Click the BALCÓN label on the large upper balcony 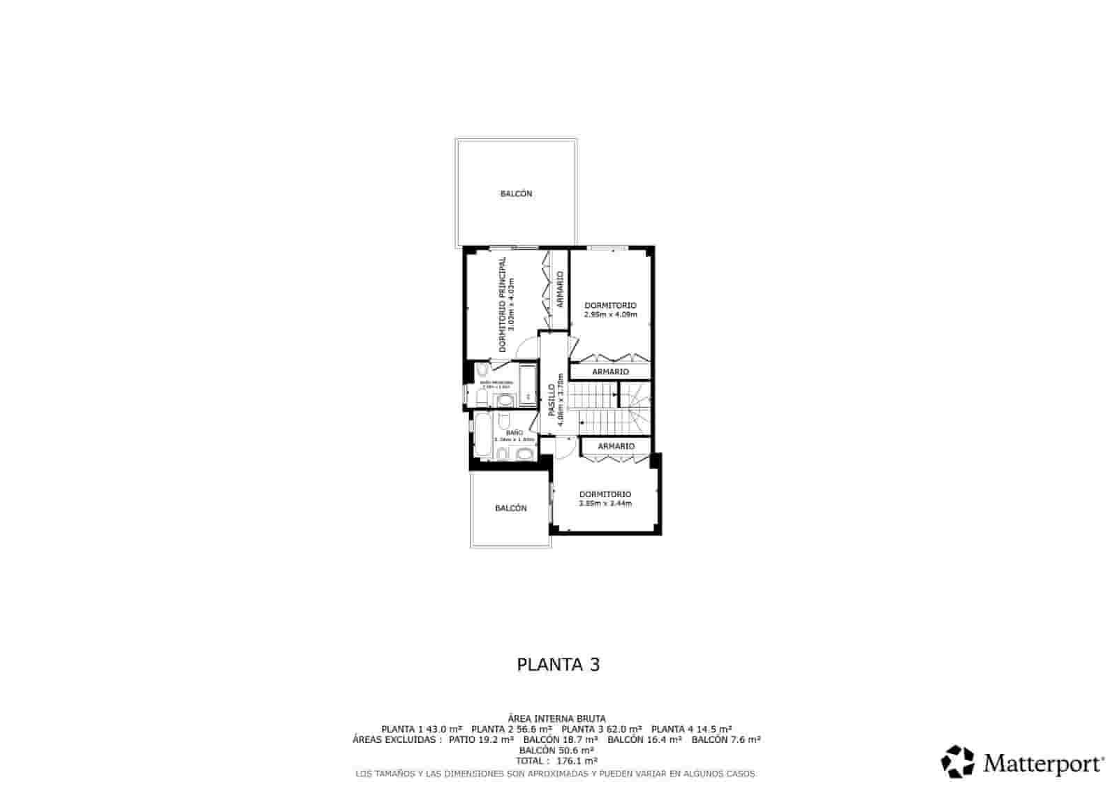pyautogui.click(x=516, y=193)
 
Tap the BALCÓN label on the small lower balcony pyautogui.click(x=510, y=508)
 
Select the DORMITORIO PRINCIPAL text pyautogui.click(x=502, y=304)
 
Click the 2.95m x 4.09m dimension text pyautogui.click(x=610, y=315)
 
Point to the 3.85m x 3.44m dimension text pyautogui.click(x=605, y=503)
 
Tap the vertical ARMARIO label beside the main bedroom pyautogui.click(x=560, y=289)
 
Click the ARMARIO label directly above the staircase pyautogui.click(x=610, y=372)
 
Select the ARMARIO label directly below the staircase pyautogui.click(x=616, y=446)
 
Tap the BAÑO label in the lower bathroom pyautogui.click(x=514, y=433)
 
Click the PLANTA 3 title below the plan pyautogui.click(x=558, y=664)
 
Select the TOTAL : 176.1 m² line pyautogui.click(x=556, y=761)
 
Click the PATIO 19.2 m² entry pyautogui.click(x=481, y=739)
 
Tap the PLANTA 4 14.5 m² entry pyautogui.click(x=691, y=728)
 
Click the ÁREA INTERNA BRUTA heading pyautogui.click(x=556, y=718)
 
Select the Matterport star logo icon pyautogui.click(x=957, y=762)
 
